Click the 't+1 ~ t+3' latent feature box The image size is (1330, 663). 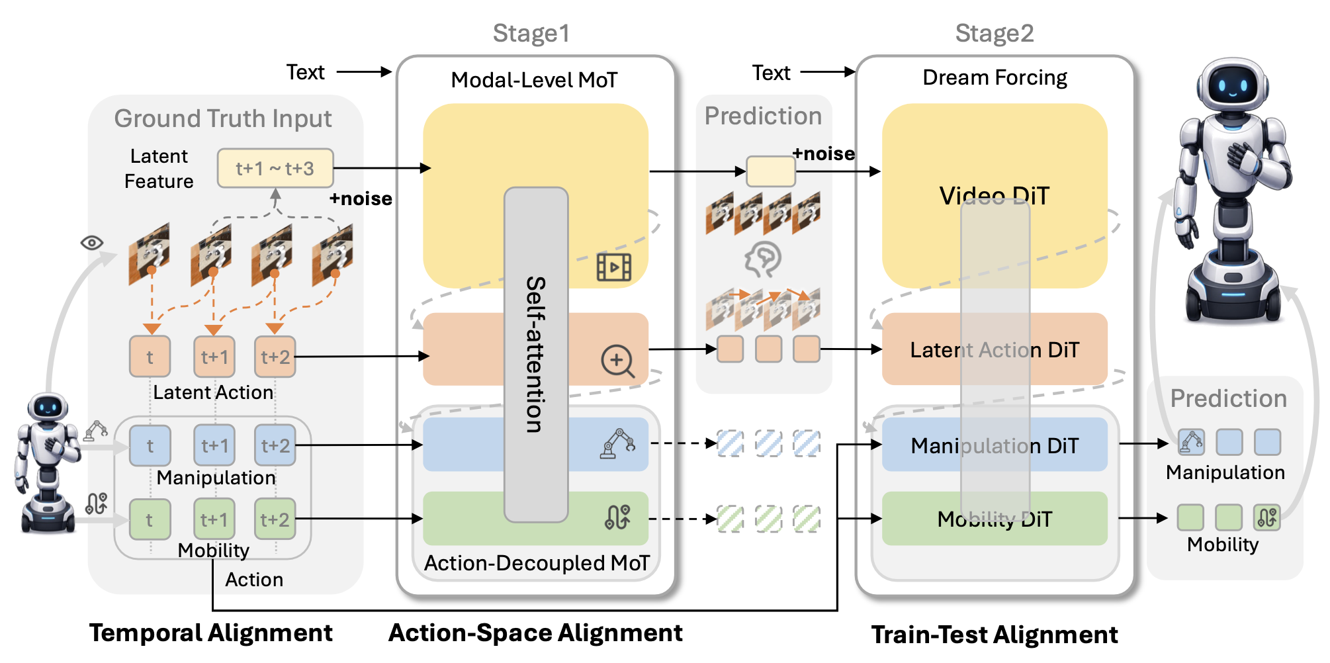pyautogui.click(x=275, y=168)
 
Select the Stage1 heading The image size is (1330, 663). pyautogui.click(x=531, y=33)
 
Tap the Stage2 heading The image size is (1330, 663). pyautogui.click(x=994, y=33)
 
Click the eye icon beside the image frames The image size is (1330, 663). pyautogui.click(x=92, y=243)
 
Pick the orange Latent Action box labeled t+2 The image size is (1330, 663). pyautogui.click(x=275, y=357)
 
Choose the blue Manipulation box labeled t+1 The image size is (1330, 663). pyautogui.click(x=214, y=445)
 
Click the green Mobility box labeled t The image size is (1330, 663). pyautogui.click(x=150, y=519)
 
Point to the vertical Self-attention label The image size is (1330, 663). pyautogui.click(x=535, y=354)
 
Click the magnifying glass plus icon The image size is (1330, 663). pyautogui.click(x=617, y=361)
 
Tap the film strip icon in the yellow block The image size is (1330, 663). pyautogui.click(x=614, y=267)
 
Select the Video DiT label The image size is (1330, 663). pyautogui.click(x=994, y=196)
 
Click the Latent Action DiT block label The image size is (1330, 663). pyautogui.click(x=994, y=349)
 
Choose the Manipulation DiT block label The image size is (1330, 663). pyautogui.click(x=994, y=445)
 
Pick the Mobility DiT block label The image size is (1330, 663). pyautogui.click(x=994, y=519)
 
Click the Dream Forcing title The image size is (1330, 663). pyautogui.click(x=994, y=77)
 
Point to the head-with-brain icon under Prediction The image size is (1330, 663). pyautogui.click(x=763, y=259)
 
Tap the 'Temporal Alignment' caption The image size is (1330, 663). pyautogui.click(x=210, y=633)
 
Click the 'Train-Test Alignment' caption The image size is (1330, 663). pyautogui.click(x=994, y=635)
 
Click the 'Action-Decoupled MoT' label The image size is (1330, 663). pyautogui.click(x=537, y=563)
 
